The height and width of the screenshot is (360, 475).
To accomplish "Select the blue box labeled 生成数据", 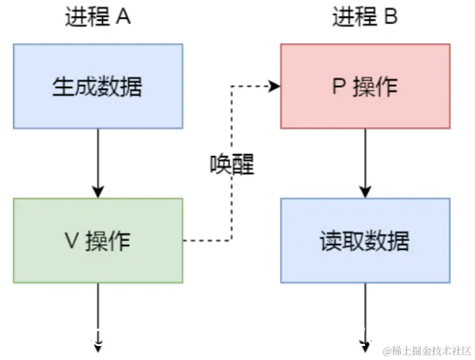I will pyautogui.click(x=97, y=86).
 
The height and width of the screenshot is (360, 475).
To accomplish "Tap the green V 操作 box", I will pyautogui.click(x=97, y=241).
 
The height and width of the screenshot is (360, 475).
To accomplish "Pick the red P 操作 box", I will pyautogui.click(x=364, y=86).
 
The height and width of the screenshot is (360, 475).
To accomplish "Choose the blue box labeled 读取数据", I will pyautogui.click(x=364, y=241).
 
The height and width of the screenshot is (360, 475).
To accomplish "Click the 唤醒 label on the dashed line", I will pyautogui.click(x=232, y=165).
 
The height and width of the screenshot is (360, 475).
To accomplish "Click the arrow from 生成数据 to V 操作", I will pyautogui.click(x=97, y=163).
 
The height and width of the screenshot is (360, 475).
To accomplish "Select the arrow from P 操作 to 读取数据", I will pyautogui.click(x=364, y=163).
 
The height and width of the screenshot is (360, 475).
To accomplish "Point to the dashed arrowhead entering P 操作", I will pyautogui.click(x=274, y=87).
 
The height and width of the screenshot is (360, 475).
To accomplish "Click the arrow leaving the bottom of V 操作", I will pyautogui.click(x=97, y=317).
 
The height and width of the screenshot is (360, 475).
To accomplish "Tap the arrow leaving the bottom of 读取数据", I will pyautogui.click(x=364, y=317).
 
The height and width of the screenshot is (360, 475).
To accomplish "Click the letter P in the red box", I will pyautogui.click(x=338, y=87).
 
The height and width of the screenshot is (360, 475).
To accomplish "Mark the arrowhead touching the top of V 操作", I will pyautogui.click(x=97, y=193).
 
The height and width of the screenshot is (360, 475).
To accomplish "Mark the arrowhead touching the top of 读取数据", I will pyautogui.click(x=364, y=193).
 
